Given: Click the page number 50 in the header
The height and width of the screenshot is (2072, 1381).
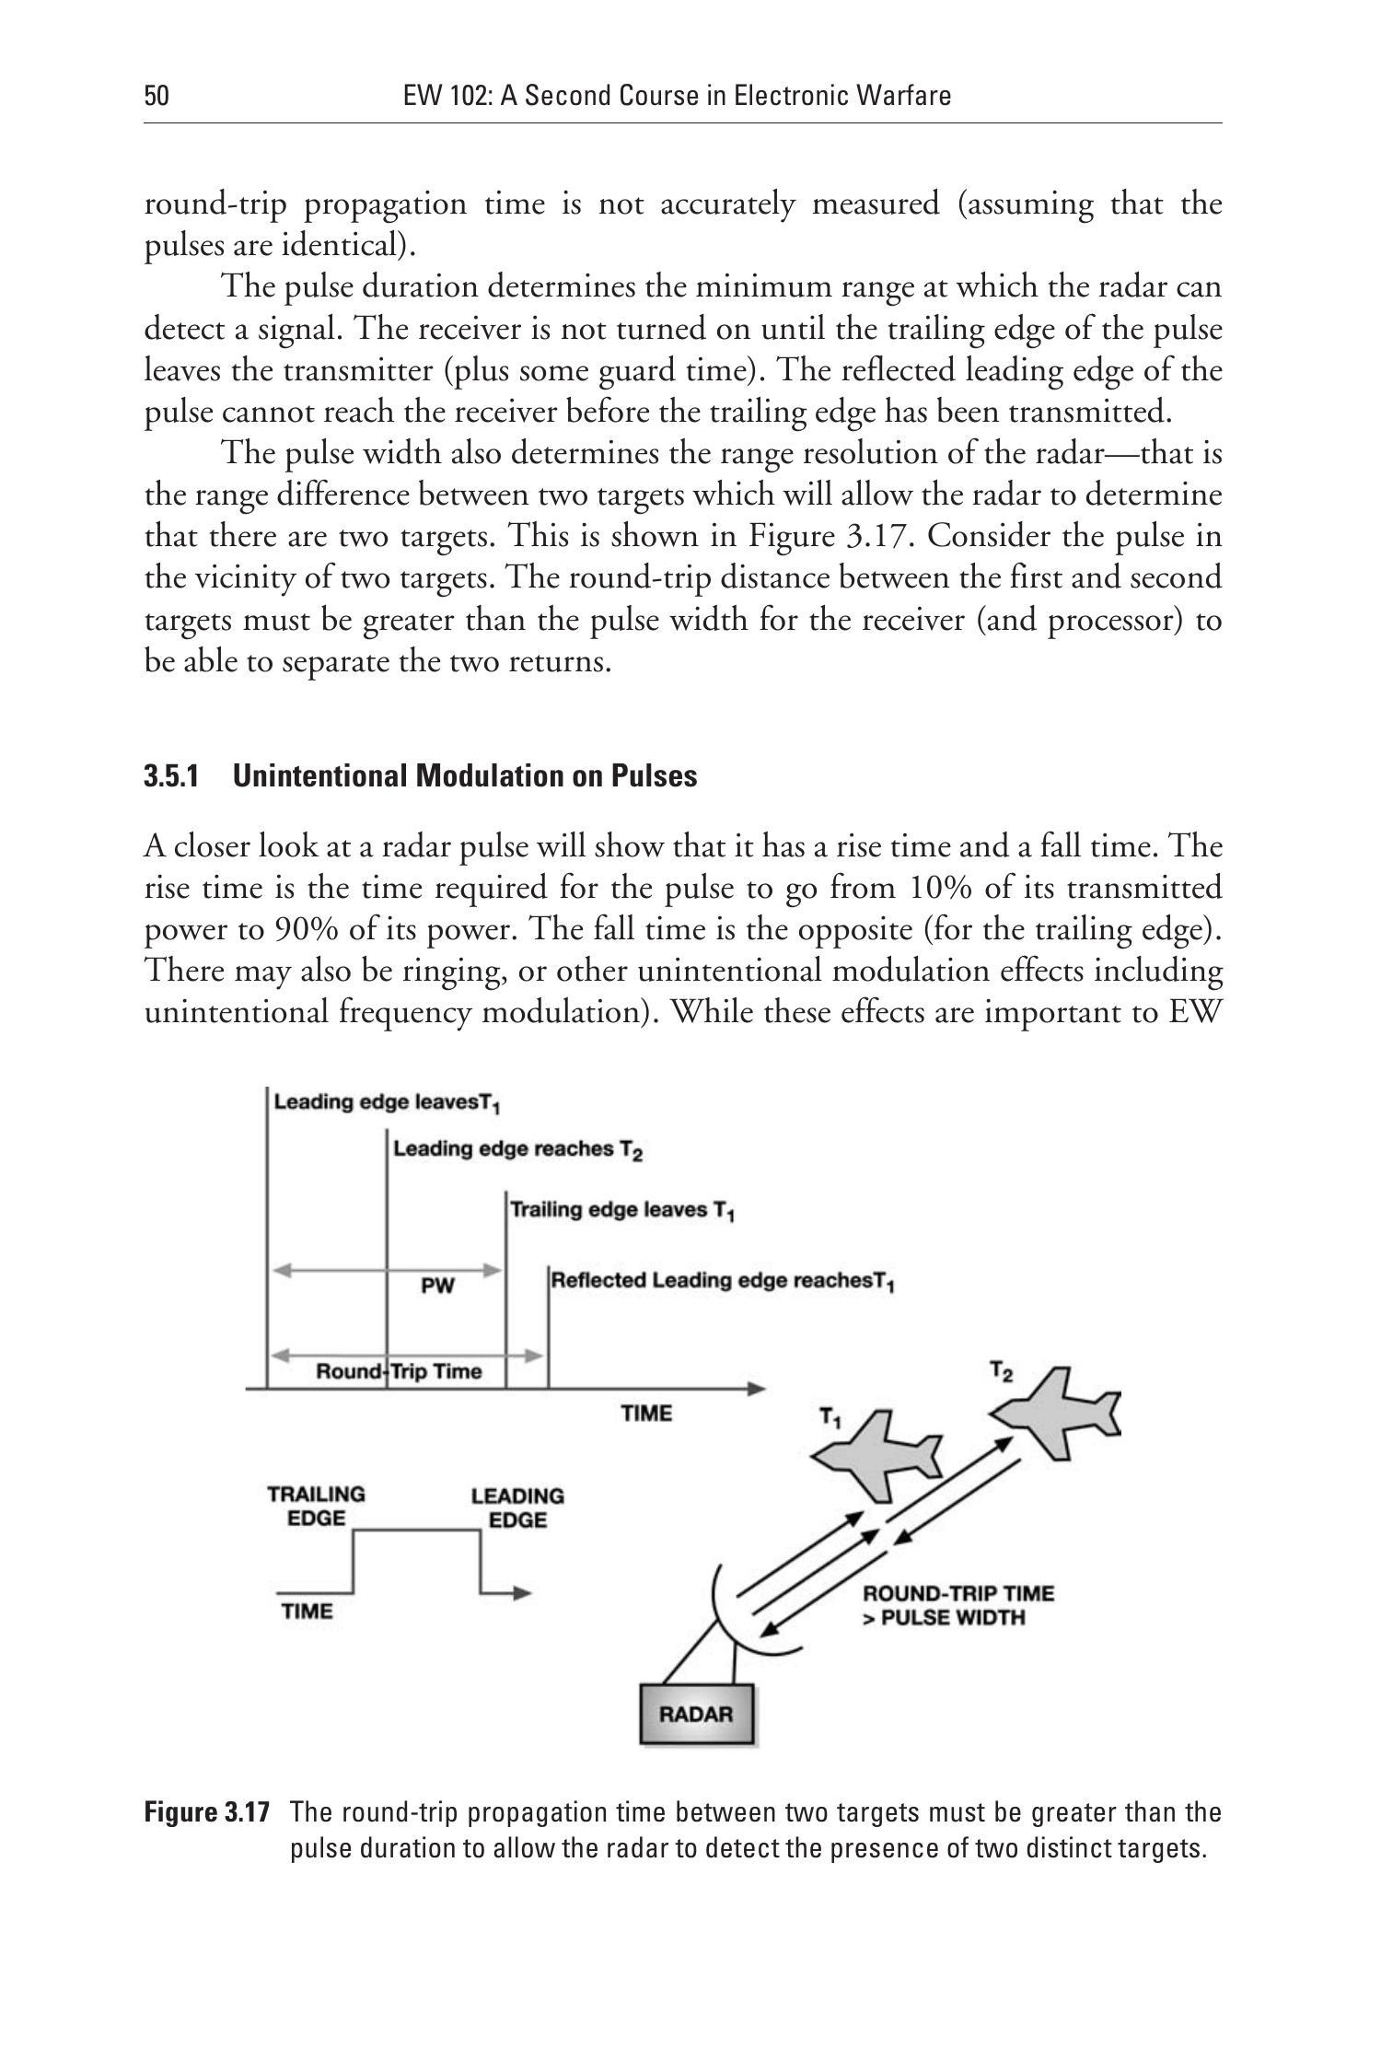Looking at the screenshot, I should click(x=157, y=96).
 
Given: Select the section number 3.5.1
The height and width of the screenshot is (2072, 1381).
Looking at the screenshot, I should click(x=171, y=776).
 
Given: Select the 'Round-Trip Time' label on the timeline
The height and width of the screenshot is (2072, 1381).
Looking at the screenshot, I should click(x=399, y=1371).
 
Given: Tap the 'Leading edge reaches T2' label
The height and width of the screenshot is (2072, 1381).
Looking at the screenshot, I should click(x=517, y=1149).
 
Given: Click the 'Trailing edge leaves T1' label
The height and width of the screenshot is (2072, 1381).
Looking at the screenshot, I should click(x=622, y=1210).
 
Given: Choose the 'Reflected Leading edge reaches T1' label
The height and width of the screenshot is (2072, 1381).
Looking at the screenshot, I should click(x=723, y=1281).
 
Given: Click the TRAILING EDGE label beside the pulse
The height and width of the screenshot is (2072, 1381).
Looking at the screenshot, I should click(x=316, y=1506).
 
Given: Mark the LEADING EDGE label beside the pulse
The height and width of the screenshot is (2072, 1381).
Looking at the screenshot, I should click(x=517, y=1507).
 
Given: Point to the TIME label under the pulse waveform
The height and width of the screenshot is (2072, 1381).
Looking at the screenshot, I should click(x=308, y=1612).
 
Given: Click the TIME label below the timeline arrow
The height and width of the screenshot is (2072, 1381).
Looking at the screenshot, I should click(x=646, y=1414).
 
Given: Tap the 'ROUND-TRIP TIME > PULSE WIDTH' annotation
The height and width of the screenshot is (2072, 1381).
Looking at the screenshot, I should click(x=957, y=1605).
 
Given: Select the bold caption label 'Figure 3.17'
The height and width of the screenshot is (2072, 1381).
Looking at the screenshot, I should click(x=207, y=1812).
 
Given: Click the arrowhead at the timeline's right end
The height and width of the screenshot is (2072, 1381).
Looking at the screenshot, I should click(x=757, y=1388).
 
